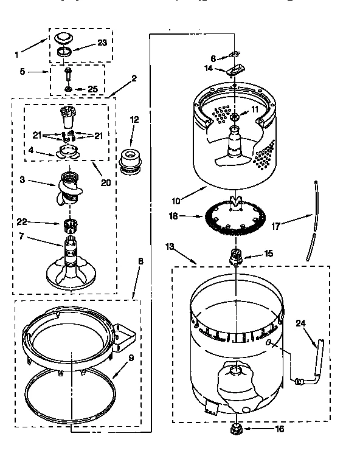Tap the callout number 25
(x=92, y=89)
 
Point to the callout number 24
(x=299, y=323)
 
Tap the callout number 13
(x=170, y=246)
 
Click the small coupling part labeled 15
(x=235, y=257)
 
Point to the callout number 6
(x=213, y=58)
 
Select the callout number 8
(x=140, y=261)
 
